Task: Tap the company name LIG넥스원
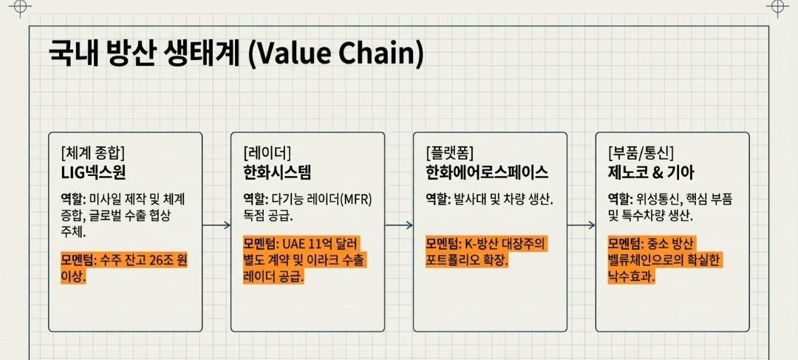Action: coord(95,173)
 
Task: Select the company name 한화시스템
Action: coord(277,173)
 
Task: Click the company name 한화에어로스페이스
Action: coord(487,173)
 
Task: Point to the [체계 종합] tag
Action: coord(93,153)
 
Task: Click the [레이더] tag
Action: coord(267,153)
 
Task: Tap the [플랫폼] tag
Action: coord(450,153)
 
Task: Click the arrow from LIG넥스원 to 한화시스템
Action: coord(216,225)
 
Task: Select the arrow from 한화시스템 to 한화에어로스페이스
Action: coord(399,225)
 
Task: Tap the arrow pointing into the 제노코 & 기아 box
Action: coord(582,225)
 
